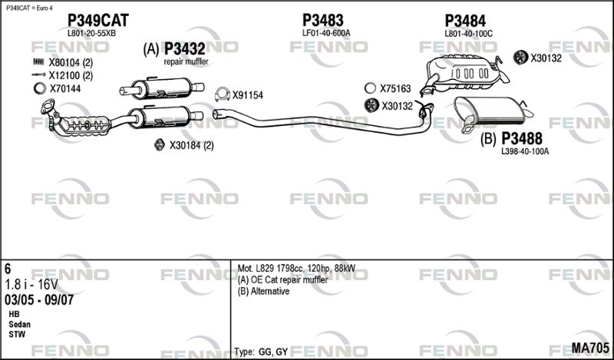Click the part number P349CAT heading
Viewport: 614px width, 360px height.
[98, 21]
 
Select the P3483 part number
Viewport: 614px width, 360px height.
[322, 21]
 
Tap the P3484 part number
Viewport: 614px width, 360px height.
[465, 21]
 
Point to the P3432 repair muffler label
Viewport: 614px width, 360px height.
[184, 49]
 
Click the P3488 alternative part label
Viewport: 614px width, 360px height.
[522, 139]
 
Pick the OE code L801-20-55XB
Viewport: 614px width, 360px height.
[91, 34]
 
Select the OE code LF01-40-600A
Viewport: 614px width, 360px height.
[326, 34]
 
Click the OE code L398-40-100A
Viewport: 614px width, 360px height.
[525, 152]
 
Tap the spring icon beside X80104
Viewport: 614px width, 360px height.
[39, 62]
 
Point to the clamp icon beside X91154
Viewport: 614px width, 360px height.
[223, 95]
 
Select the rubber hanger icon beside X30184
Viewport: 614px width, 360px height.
[159, 145]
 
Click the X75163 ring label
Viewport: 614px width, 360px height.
[395, 88]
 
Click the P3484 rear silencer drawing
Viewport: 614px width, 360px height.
[464, 75]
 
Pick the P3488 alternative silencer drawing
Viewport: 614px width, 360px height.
[491, 111]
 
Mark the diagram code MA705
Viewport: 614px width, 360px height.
[590, 347]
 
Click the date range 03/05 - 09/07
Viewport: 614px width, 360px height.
[39, 300]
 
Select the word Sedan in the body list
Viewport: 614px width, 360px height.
[20, 325]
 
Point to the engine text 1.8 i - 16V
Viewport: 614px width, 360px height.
[31, 284]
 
